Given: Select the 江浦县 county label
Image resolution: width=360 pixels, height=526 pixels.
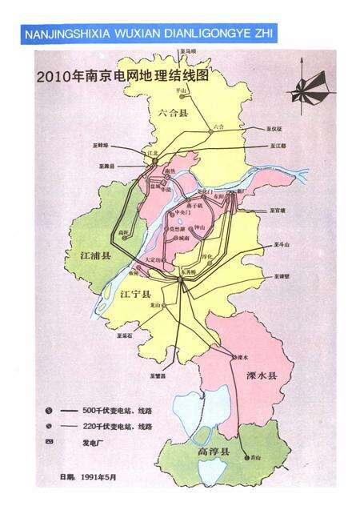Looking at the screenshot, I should click(82, 255).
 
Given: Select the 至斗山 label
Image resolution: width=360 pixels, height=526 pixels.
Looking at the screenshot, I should click(281, 244).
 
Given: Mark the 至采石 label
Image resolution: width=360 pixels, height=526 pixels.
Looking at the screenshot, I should click(126, 335).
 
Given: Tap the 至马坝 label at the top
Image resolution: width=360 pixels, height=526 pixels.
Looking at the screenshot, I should click(189, 51).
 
